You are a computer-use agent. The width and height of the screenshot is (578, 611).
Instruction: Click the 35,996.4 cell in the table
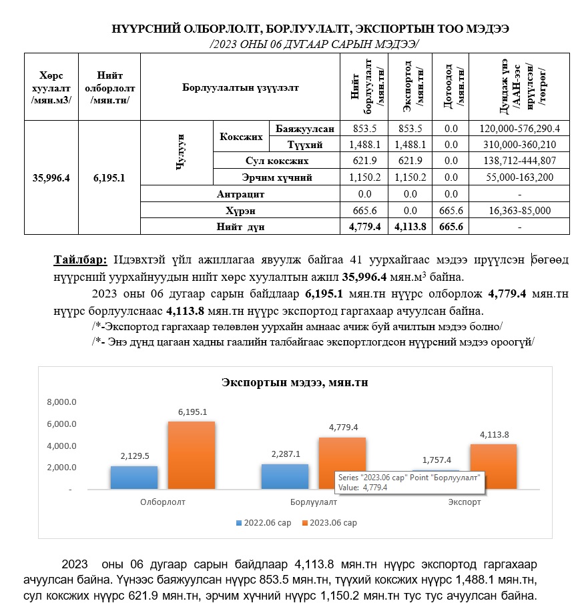[51, 177]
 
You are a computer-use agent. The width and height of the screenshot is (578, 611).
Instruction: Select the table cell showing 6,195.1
[109, 177]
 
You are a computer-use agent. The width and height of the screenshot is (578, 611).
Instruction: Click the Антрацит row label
[240, 195]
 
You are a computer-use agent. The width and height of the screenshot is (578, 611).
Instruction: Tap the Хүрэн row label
[240, 211]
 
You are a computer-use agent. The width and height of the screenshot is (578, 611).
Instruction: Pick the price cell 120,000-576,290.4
[519, 129]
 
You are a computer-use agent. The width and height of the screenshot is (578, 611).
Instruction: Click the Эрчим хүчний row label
[276, 178]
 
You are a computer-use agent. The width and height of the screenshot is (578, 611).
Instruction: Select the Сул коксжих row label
[276, 161]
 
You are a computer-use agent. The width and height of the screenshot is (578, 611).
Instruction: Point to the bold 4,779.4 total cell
[364, 227]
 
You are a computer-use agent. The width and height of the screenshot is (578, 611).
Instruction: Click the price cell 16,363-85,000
[519, 211]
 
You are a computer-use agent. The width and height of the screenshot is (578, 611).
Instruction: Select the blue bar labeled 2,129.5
[134, 477]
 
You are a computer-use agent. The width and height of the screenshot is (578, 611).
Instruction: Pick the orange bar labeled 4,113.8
[493, 466]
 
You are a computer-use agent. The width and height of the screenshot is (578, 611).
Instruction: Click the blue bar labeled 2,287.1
[285, 476]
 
